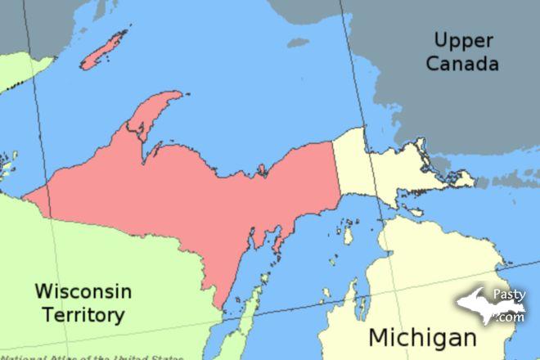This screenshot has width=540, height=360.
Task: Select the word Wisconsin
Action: click(83, 291)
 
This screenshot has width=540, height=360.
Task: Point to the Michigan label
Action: click(422, 336)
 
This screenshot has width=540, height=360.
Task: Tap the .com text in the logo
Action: click(513, 317)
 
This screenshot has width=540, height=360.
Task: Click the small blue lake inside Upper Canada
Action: click(298, 42)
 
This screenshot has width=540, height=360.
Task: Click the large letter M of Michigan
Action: click(380, 336)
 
